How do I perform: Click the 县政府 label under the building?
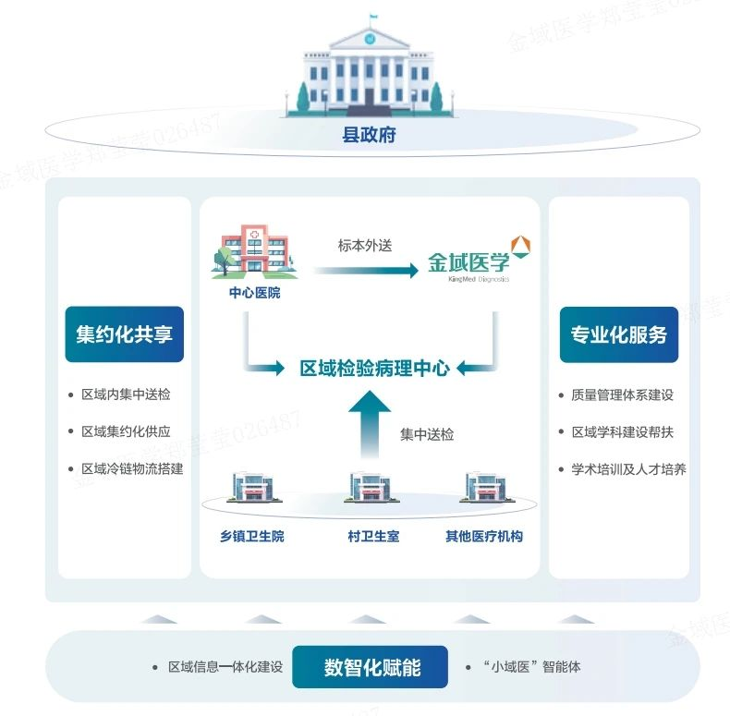tap(370, 135)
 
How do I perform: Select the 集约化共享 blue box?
tap(124, 334)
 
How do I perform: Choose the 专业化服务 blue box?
tap(618, 334)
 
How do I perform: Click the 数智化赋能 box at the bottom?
tap(371, 667)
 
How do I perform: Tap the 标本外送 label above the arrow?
tap(365, 246)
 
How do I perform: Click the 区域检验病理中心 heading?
tap(374, 368)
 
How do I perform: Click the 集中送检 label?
tap(427, 433)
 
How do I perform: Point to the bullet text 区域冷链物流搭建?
tap(132, 468)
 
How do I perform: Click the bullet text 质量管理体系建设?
tap(622, 394)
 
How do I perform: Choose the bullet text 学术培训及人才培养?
tap(628, 468)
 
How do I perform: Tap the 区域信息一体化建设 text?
tap(225, 667)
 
